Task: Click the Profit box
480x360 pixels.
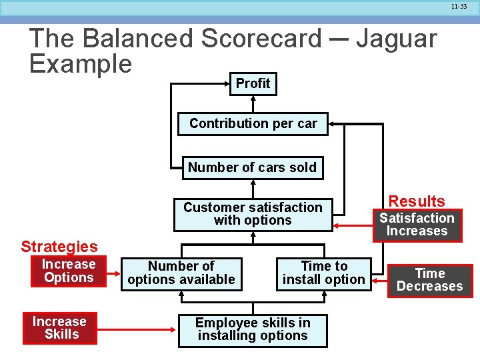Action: (x=253, y=83)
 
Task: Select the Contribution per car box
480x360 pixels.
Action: (x=253, y=123)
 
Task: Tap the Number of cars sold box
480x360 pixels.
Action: (x=252, y=167)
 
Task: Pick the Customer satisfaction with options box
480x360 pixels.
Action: (x=253, y=214)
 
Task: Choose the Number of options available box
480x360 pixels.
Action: (x=181, y=273)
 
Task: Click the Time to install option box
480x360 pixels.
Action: (x=324, y=273)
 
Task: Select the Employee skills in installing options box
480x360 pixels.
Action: (x=253, y=329)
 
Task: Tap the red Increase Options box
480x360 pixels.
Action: (x=69, y=271)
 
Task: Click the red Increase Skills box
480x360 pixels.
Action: (x=59, y=328)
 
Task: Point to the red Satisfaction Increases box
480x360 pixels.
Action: (x=417, y=225)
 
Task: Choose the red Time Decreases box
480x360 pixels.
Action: (x=429, y=280)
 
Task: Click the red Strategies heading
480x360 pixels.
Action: (x=59, y=247)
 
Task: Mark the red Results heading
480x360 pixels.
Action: (x=417, y=201)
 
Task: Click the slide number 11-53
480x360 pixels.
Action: (x=459, y=7)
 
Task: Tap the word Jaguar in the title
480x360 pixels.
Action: (x=396, y=39)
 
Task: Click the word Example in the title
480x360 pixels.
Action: (x=81, y=64)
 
